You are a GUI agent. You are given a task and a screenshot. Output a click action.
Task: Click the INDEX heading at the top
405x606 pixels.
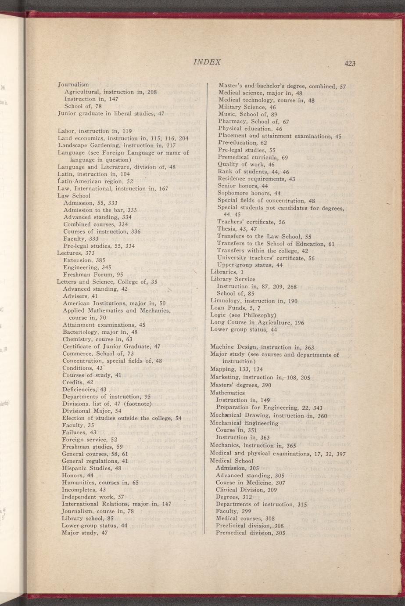click(207, 62)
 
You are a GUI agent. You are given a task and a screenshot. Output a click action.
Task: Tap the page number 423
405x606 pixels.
click(350, 64)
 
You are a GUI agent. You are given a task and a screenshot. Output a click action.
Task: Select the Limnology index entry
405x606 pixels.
click(254, 301)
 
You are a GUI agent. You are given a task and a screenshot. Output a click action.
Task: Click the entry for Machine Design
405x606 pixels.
click(262, 347)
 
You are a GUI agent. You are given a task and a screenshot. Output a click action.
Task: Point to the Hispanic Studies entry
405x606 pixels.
click(92, 468)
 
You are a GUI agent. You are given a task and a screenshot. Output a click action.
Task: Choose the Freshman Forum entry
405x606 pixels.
click(93, 274)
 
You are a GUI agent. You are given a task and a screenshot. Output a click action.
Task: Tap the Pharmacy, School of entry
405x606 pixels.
click(254, 122)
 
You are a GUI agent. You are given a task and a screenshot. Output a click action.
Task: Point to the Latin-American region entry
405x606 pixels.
click(95, 181)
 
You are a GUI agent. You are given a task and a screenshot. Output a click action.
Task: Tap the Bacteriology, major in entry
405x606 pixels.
click(100, 332)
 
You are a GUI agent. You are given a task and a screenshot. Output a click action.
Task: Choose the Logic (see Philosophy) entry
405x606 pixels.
click(243, 315)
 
